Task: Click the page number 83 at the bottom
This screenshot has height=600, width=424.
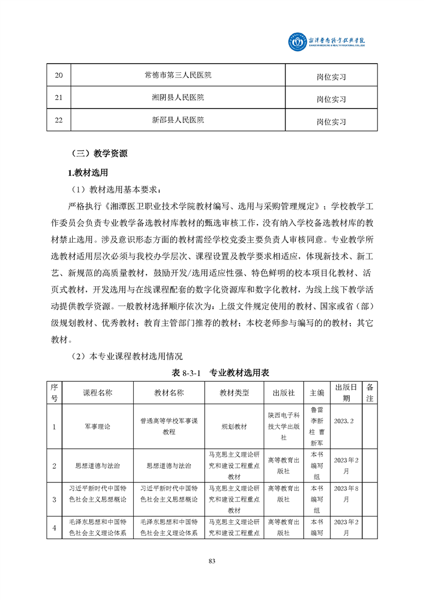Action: point(212,561)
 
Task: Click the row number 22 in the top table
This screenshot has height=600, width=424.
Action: point(59,121)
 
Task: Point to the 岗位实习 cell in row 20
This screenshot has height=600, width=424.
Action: point(331,76)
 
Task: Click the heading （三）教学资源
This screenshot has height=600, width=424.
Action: point(99,153)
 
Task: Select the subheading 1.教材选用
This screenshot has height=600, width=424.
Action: point(88,173)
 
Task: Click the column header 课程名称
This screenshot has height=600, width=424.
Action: point(97,393)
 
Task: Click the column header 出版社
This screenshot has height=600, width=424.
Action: point(284,393)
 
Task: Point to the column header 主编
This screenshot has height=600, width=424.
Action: point(317,393)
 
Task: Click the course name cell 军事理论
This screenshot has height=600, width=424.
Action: point(97,426)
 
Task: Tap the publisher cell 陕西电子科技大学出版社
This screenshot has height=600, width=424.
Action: point(284,426)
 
